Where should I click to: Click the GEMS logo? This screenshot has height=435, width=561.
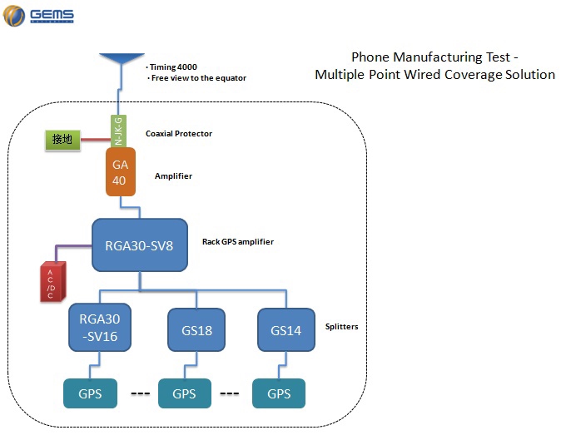39,16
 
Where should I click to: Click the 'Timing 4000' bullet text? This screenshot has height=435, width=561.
171,67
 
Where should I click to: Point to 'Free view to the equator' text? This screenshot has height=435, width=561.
198,78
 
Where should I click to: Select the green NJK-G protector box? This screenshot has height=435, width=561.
117,131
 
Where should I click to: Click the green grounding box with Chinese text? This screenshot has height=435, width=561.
62,140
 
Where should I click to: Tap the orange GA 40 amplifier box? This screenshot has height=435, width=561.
121,172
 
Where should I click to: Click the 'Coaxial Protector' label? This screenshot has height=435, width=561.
178,134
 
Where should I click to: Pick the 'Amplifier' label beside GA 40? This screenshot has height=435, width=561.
172,176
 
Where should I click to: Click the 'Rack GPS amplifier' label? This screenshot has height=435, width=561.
237,242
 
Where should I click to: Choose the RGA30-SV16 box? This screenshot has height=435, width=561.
100,329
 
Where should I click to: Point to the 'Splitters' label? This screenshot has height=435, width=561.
341,327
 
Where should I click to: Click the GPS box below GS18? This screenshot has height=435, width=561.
184,393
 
